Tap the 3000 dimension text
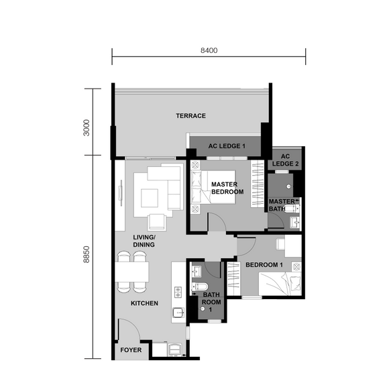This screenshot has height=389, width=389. tap(86, 127)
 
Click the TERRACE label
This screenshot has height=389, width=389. tap(190, 116)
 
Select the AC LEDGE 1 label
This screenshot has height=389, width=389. tap(227, 146)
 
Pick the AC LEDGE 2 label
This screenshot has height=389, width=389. tap(285, 160)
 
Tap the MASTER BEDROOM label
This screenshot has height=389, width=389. tap(227, 188)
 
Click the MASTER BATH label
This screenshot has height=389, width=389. tap(281, 205)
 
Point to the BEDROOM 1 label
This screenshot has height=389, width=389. tap(264, 265)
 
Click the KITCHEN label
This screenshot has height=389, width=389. tap(144, 303)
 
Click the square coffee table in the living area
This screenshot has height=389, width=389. tap(149, 197)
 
